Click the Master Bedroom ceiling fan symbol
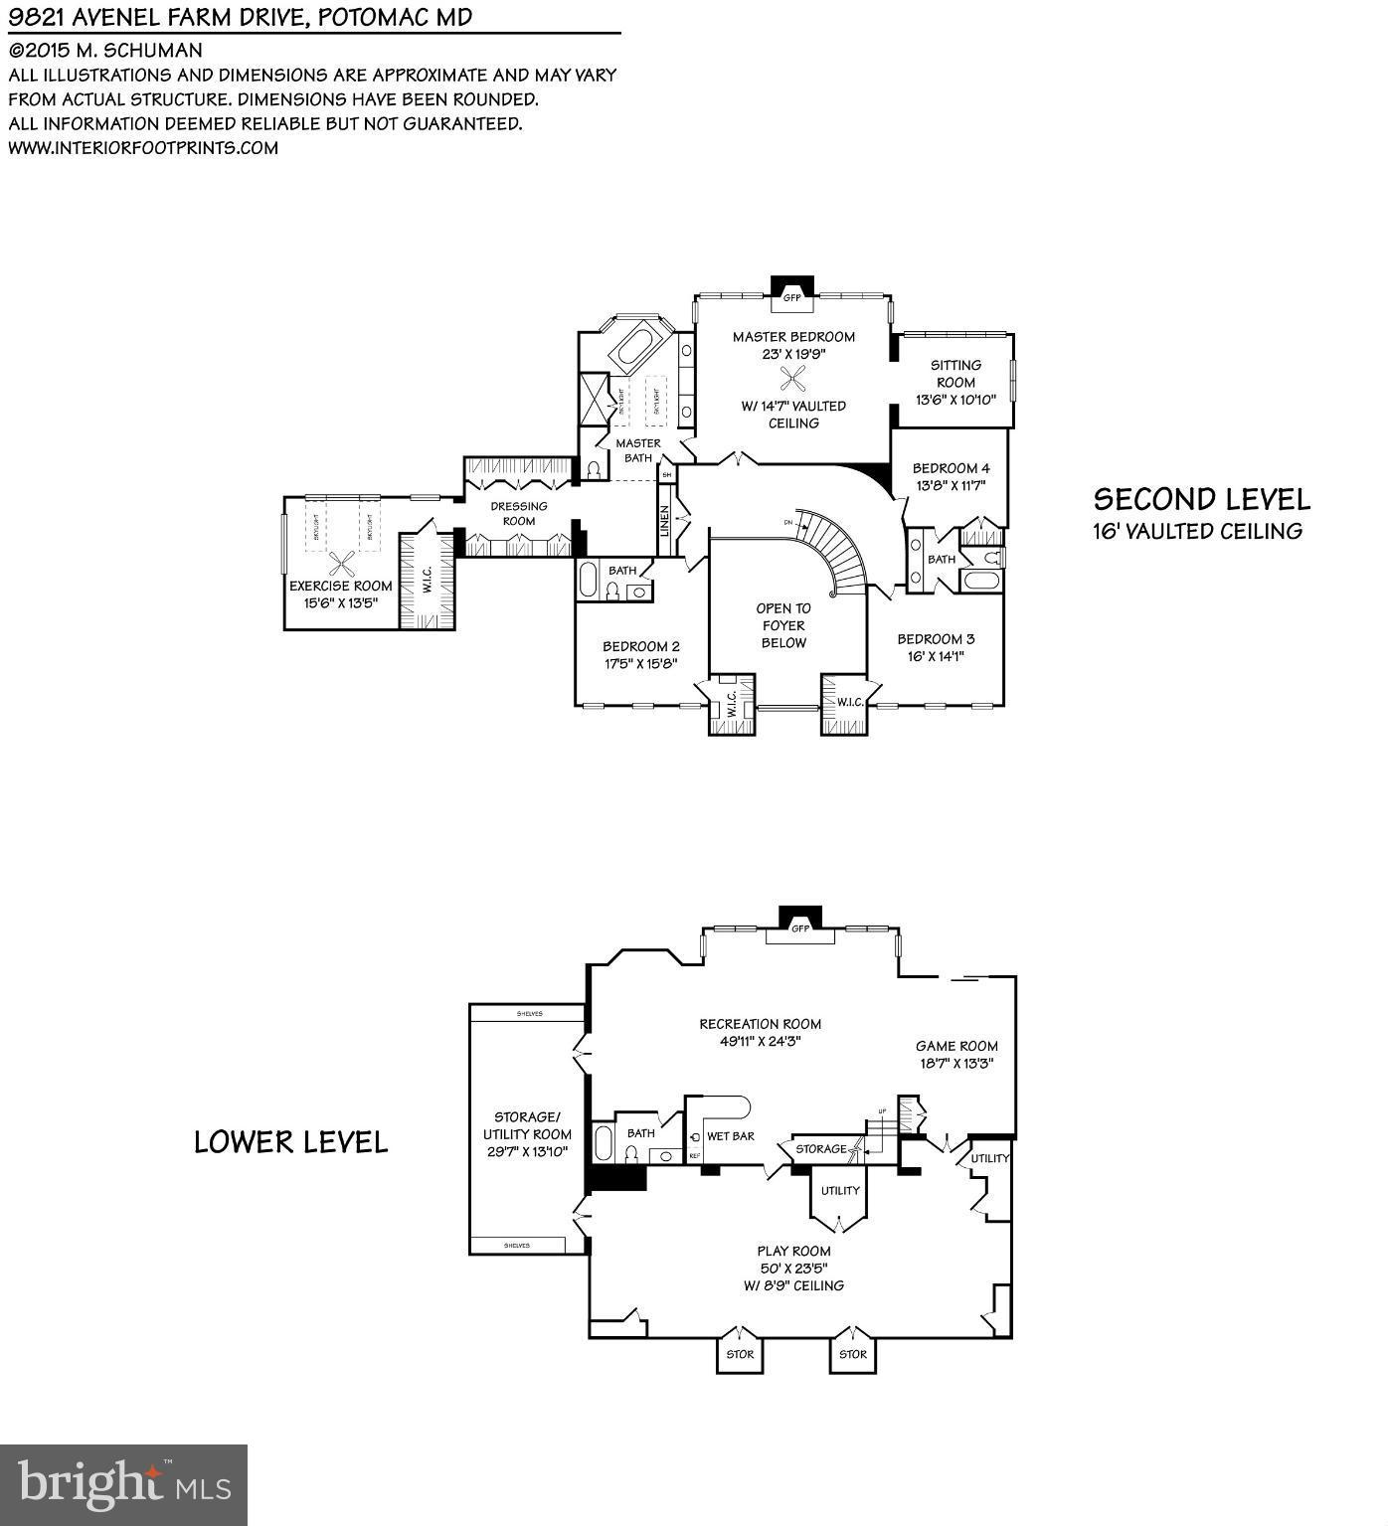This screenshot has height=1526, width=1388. coord(793,379)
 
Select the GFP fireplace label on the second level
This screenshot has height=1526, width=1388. coord(792,297)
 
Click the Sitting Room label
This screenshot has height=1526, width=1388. coord(955,374)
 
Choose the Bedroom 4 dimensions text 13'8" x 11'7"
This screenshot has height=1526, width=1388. coord(951,486)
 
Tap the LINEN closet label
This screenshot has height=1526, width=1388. coord(665,521)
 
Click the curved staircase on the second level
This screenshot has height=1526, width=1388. coord(840,553)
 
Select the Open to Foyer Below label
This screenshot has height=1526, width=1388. coord(783,625)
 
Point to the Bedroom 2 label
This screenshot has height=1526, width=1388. coord(640,646)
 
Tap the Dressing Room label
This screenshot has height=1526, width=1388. coord(519,513)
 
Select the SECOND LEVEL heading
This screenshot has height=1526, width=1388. coord(1201,499)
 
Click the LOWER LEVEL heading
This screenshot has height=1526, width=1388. coord(290,1142)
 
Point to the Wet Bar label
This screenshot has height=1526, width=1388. coord(730,1135)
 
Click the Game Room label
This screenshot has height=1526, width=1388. coord(956,1046)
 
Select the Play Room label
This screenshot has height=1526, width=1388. coord(793,1251)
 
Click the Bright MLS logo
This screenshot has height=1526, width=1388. coord(123,1484)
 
